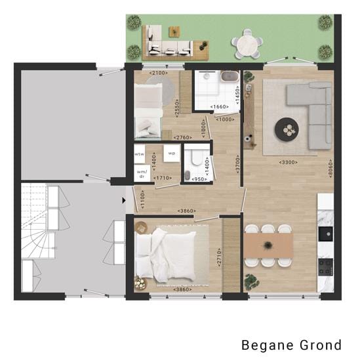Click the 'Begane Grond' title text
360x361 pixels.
[x=291, y=345]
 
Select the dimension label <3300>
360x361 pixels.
[x=288, y=161]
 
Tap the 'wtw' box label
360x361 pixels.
[x=139, y=154]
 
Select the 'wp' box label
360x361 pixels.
[x=171, y=153]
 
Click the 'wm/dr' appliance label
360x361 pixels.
[x=140, y=174]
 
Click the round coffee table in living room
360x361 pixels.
[x=288, y=129]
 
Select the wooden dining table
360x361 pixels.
[x=269, y=245]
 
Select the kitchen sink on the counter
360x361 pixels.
[x=325, y=233]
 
